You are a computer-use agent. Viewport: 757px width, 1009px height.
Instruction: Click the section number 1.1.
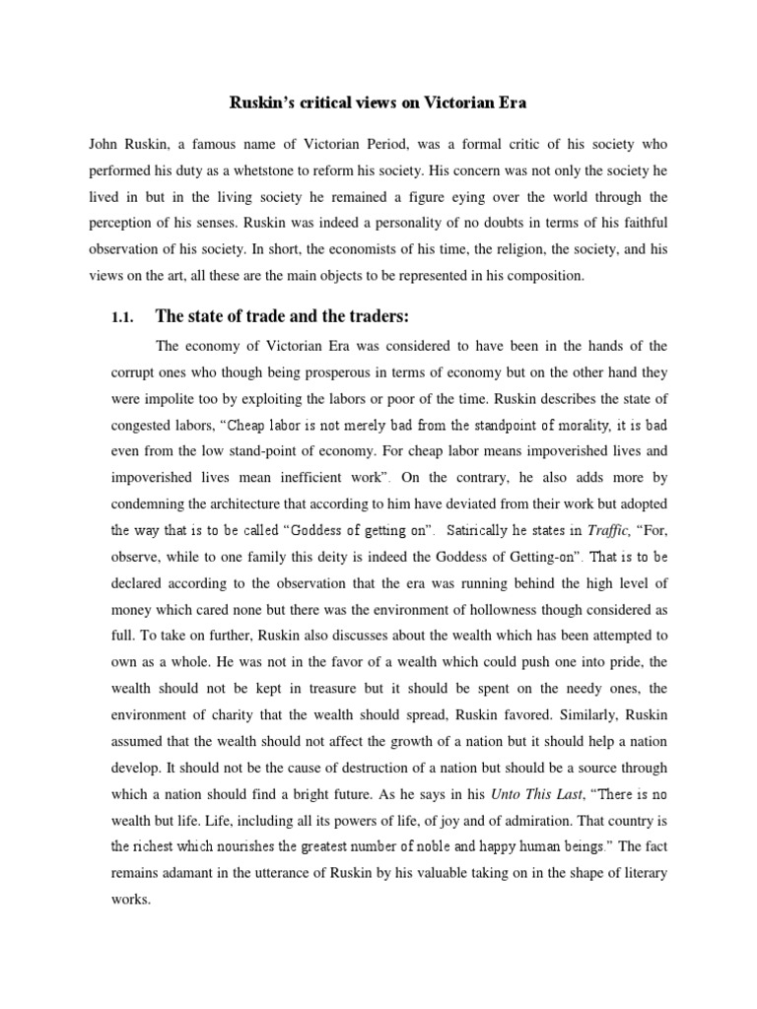tap(122, 316)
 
